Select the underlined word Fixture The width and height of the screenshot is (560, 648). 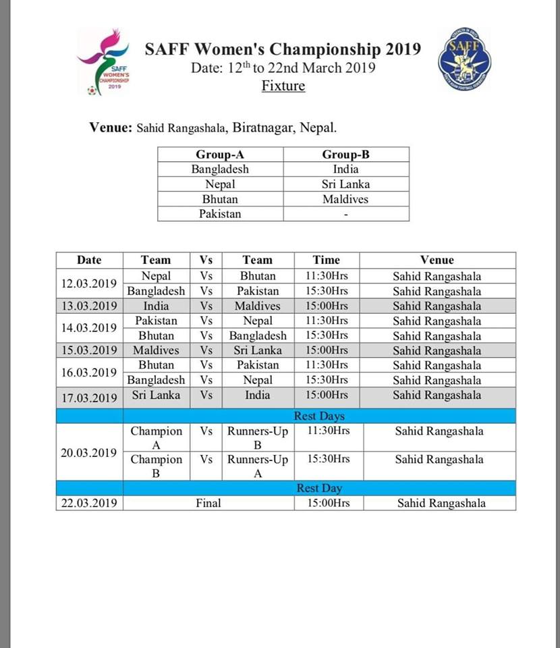(283, 86)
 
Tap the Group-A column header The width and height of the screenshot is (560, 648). (220, 155)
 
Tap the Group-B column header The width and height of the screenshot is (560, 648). (345, 155)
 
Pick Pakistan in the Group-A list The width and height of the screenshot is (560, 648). (220, 214)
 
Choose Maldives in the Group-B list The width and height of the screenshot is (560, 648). (345, 199)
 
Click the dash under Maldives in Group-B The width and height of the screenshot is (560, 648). (345, 215)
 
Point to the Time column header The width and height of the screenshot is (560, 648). (327, 260)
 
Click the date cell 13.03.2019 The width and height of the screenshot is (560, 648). (89, 306)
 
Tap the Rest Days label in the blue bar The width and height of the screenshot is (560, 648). (319, 416)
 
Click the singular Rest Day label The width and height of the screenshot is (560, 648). (319, 488)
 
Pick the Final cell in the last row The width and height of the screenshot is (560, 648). (208, 503)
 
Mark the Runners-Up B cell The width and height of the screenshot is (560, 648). (258, 438)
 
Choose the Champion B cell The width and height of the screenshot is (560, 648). (156, 466)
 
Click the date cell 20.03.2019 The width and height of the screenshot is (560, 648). (89, 452)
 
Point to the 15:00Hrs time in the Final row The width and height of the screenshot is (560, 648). (328, 503)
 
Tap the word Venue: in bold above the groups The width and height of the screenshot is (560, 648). (111, 128)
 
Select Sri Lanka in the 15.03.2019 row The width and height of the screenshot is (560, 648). (258, 350)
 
